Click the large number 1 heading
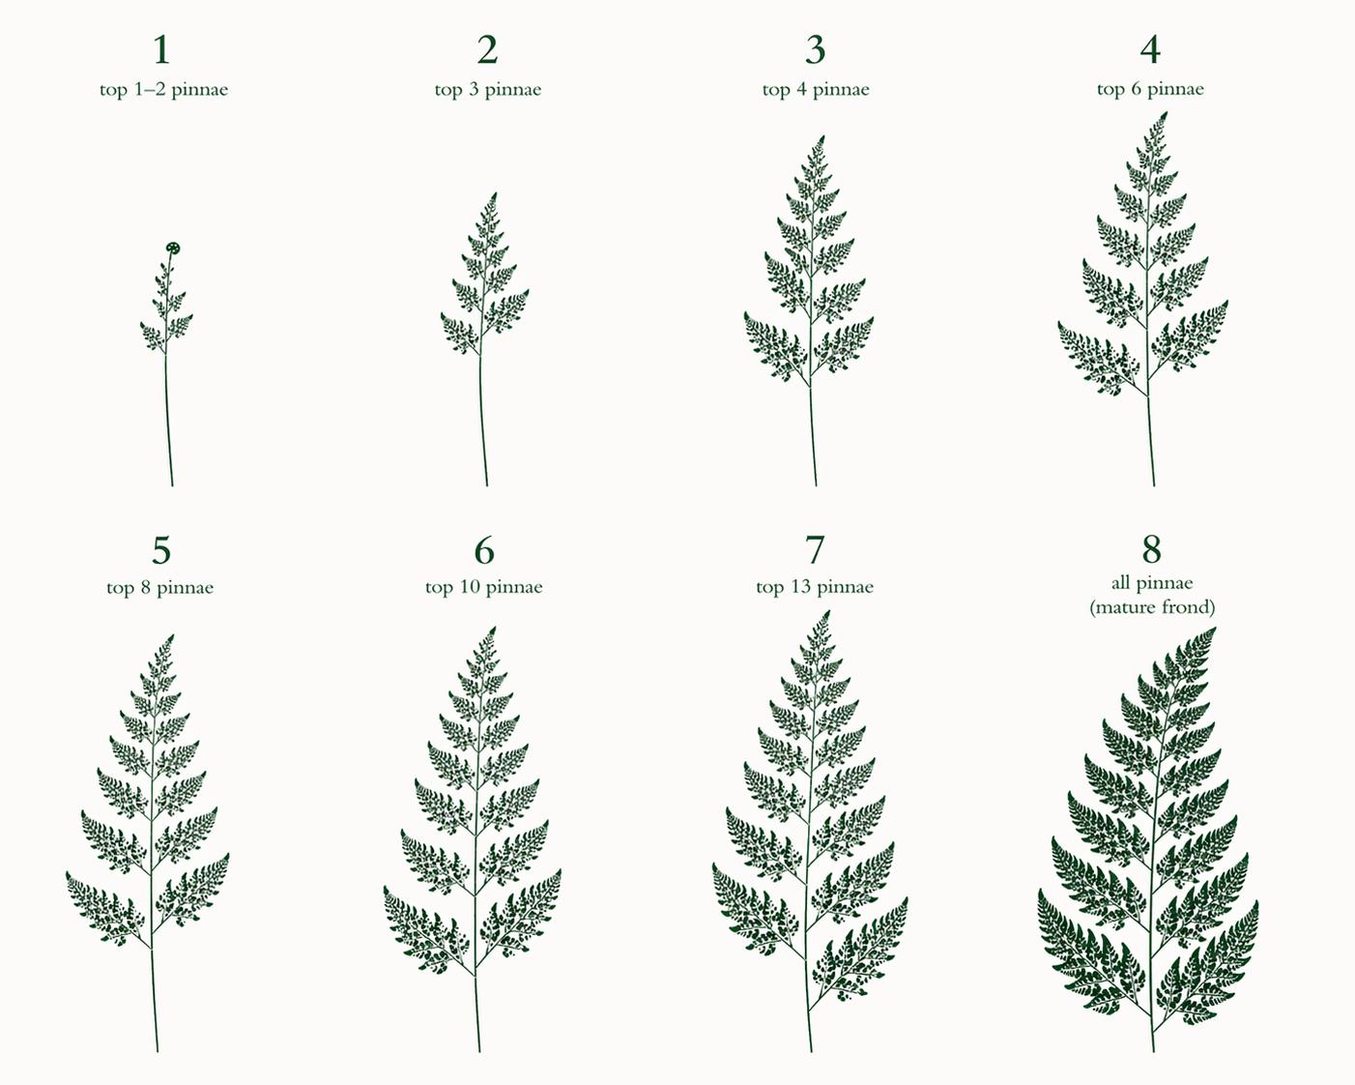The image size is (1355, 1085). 161,49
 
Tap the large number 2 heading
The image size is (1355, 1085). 487,49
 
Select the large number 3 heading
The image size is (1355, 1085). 815,49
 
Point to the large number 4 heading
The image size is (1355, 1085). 1150,49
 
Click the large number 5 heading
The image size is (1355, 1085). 161,550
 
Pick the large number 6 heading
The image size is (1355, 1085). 483,550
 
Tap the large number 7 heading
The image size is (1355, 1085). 814,550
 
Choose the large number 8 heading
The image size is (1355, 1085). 1151,549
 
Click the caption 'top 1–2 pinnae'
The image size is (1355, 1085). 163,90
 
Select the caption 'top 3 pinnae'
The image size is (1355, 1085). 488,90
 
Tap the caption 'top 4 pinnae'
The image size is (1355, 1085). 816,90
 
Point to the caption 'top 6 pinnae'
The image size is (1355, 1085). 1150,89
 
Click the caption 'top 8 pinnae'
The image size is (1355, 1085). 159,588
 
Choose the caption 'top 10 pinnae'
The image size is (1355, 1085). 483,587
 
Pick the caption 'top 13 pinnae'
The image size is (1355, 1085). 815,587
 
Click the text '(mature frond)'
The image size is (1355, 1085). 1152,607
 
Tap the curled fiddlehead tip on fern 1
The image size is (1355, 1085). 173,248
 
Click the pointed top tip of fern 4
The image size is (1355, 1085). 1165,113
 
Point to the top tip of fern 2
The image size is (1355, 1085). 495,194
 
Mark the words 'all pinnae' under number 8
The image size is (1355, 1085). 1152,583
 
